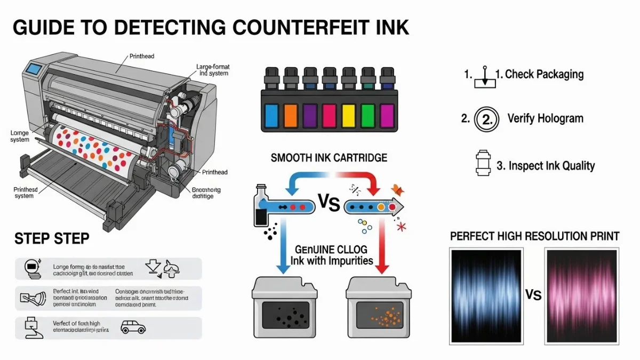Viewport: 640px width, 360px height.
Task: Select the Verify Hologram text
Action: (x=545, y=118)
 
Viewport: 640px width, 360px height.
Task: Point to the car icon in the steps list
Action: (x=133, y=327)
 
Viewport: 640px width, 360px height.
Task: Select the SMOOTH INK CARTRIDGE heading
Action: (x=329, y=158)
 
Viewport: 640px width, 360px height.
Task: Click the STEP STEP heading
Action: (x=51, y=238)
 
